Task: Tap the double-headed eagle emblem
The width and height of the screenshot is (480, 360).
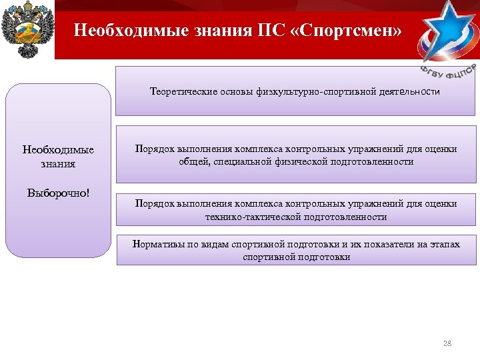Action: point(27,30)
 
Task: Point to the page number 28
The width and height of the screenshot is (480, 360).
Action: point(447,343)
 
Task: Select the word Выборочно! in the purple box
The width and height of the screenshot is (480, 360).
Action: point(58,193)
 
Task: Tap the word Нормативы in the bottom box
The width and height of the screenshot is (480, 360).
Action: point(154,245)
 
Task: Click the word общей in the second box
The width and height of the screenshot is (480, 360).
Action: point(190,161)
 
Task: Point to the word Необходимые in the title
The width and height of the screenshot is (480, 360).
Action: point(125,30)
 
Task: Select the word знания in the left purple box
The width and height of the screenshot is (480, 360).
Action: point(58,163)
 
